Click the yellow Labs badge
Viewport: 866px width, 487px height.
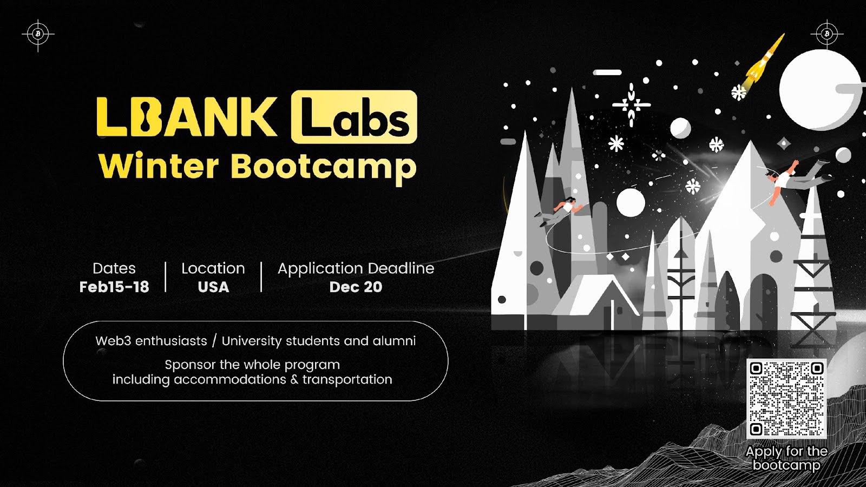(354, 117)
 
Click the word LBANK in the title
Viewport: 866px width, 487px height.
(187, 117)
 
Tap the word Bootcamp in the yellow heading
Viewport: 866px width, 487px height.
(324, 167)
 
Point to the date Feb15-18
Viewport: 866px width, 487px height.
(114, 287)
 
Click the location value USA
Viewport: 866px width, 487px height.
(213, 287)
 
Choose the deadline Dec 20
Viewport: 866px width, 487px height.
(356, 287)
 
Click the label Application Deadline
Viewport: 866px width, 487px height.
(356, 268)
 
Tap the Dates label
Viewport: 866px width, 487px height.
(114, 268)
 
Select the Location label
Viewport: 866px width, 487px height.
(213, 268)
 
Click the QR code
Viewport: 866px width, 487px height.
(786, 399)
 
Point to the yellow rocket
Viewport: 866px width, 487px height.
(763, 62)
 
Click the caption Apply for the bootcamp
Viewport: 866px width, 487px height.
(786, 458)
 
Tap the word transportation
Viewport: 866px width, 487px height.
(347, 380)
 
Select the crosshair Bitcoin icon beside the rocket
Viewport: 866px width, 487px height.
(826, 34)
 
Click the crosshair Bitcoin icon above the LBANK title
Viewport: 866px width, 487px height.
(38, 34)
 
